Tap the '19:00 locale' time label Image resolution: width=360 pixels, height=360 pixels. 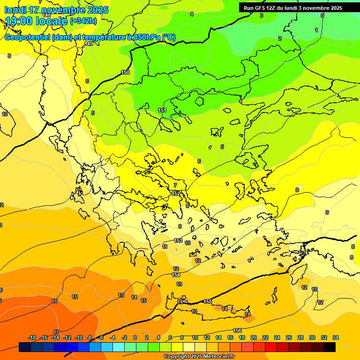pyautogui.click(x=36, y=21)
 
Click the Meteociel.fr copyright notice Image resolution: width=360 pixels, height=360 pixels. pyautogui.click(x=198, y=356)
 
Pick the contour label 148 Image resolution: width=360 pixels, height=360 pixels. pyautogui.click(x=46, y=15)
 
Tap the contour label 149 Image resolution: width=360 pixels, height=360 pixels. pyautogui.click(x=89, y=44)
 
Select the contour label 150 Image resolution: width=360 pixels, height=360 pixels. pyautogui.click(x=125, y=72)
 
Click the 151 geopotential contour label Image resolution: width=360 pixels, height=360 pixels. pyautogui.click(x=162, y=110)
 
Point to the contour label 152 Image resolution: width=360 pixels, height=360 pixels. pyautogui.click(x=176, y=193)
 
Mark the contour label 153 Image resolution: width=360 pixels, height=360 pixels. pyautogui.click(x=178, y=240)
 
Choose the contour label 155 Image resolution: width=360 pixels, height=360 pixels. pyautogui.click(x=208, y=301)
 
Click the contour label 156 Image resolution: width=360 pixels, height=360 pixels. pyautogui.click(x=238, y=331)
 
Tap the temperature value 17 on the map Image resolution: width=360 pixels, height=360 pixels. pyautogui.click(x=56, y=332)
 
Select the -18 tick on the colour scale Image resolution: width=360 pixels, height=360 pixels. pyautogui.click(x=32, y=337)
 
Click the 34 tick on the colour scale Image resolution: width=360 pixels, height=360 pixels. pyautogui.click(x=336, y=337)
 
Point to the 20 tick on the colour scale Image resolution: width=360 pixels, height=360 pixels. pyautogui.click(x=254, y=337)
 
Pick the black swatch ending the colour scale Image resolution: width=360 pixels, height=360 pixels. pyautogui.click(x=330, y=347)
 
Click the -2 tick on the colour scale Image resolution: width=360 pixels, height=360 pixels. pyautogui.click(x=124, y=337)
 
